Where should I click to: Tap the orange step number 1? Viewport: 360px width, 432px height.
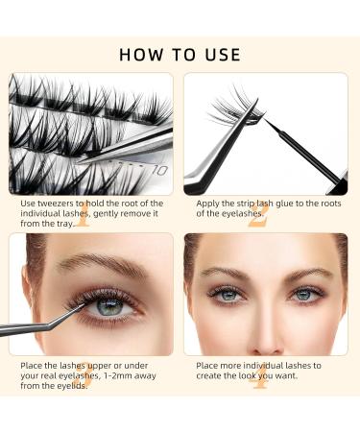(x=85, y=214)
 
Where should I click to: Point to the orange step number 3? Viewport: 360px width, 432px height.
(x=85, y=374)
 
